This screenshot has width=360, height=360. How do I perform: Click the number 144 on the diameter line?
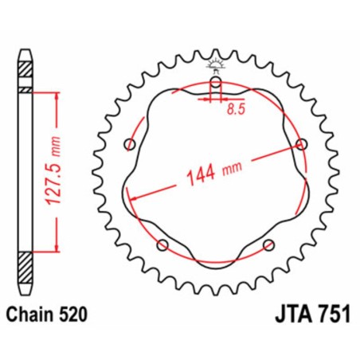click(202, 171)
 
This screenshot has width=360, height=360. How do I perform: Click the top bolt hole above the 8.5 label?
click(215, 83)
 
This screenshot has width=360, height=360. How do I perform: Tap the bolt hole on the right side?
click(301, 143)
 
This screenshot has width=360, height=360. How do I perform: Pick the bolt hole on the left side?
click(130, 144)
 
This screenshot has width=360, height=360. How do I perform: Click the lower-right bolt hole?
click(268, 245)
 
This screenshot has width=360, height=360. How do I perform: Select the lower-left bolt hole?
click(162, 245)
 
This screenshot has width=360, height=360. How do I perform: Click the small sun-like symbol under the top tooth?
click(215, 63)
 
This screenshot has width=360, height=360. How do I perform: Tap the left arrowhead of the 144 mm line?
click(133, 197)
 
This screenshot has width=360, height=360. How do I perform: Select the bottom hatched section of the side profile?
click(27, 262)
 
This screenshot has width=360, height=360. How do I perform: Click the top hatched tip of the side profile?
click(27, 67)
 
